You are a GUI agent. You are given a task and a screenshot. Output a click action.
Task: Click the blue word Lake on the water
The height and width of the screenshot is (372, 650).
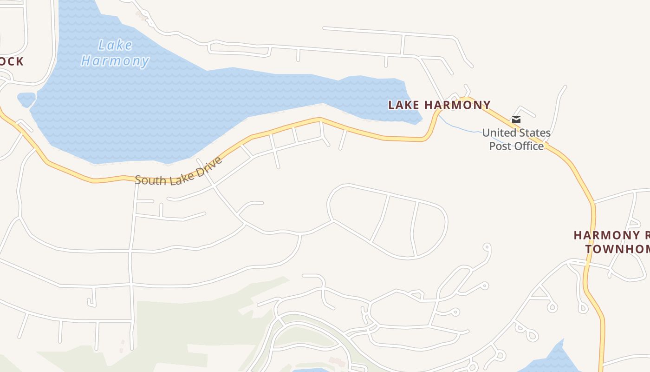[115, 46]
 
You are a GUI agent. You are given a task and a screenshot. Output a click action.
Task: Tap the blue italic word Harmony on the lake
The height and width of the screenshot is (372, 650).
[115, 61]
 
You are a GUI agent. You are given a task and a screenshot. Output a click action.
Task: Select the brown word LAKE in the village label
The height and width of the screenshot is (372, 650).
[403, 105]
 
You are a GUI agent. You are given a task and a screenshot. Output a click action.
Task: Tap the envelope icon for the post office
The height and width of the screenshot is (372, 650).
[516, 120]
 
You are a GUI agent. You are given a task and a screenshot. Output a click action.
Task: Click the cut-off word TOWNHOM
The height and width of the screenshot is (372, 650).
[617, 249]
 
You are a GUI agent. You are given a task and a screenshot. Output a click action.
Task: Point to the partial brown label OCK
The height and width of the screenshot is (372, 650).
[12, 62]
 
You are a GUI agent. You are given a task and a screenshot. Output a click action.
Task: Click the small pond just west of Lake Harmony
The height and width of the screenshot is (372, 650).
[26, 99]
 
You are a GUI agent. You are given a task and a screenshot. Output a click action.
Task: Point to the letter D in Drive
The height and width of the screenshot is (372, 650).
[201, 172]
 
